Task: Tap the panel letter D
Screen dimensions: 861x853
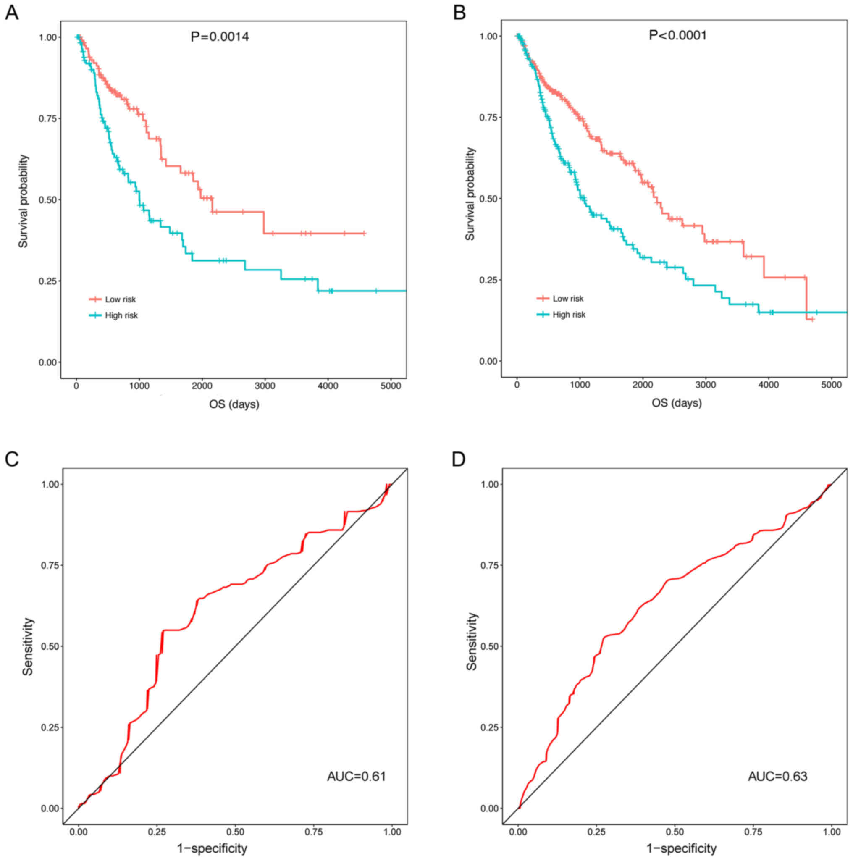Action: pyautogui.click(x=459, y=459)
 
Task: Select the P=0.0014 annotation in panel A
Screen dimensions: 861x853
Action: pyautogui.click(x=220, y=37)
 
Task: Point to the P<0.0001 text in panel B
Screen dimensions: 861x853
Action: pyautogui.click(x=677, y=35)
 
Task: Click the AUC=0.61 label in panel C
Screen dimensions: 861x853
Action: pyautogui.click(x=356, y=776)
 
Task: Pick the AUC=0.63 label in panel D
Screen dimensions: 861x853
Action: pyautogui.click(x=777, y=776)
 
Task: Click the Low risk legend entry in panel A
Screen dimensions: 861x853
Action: pyautogui.click(x=120, y=299)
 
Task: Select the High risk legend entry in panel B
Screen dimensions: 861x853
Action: pyautogui.click(x=569, y=315)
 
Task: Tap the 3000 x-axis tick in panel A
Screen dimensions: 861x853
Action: pyautogui.click(x=265, y=386)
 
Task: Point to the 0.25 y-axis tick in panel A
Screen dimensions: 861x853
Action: pyautogui.click(x=48, y=281)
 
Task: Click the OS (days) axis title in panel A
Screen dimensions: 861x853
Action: pyautogui.click(x=234, y=404)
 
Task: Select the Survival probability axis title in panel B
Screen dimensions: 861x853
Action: pyautogui.click(x=470, y=194)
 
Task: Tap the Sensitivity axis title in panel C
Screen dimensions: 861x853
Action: pyautogui.click(x=28, y=646)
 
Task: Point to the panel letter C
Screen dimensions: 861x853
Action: pyautogui.click(x=12, y=459)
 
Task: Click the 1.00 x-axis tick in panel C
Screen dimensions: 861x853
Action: pyautogui.click(x=392, y=832)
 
